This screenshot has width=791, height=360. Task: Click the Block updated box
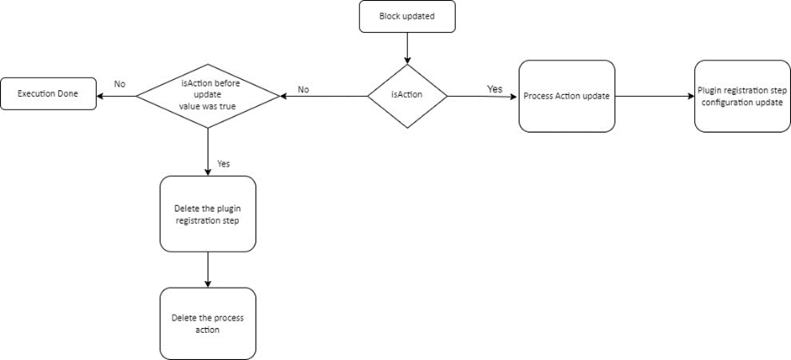pyautogui.click(x=407, y=16)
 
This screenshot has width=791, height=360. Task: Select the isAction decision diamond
pyautogui.click(x=407, y=96)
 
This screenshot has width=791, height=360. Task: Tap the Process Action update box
pyautogui.click(x=566, y=96)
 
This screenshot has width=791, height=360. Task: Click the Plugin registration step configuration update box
pyautogui.click(x=742, y=96)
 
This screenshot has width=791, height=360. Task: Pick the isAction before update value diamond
pyautogui.click(x=207, y=95)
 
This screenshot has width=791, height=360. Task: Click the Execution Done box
pyautogui.click(x=48, y=94)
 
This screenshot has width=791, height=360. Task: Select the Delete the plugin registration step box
pyautogui.click(x=207, y=214)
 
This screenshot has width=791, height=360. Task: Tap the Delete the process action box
pyautogui.click(x=207, y=324)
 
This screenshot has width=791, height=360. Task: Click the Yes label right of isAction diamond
pyautogui.click(x=496, y=88)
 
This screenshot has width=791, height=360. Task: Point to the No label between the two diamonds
pyautogui.click(x=304, y=88)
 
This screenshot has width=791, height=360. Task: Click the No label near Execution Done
pyautogui.click(x=119, y=84)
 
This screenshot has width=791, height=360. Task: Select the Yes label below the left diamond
pyautogui.click(x=223, y=163)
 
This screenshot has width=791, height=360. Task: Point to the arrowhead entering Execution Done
pyautogui.click(x=101, y=95)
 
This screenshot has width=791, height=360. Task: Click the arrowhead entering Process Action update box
pyautogui.click(x=514, y=96)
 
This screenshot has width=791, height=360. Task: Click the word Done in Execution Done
pyautogui.click(x=67, y=94)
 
